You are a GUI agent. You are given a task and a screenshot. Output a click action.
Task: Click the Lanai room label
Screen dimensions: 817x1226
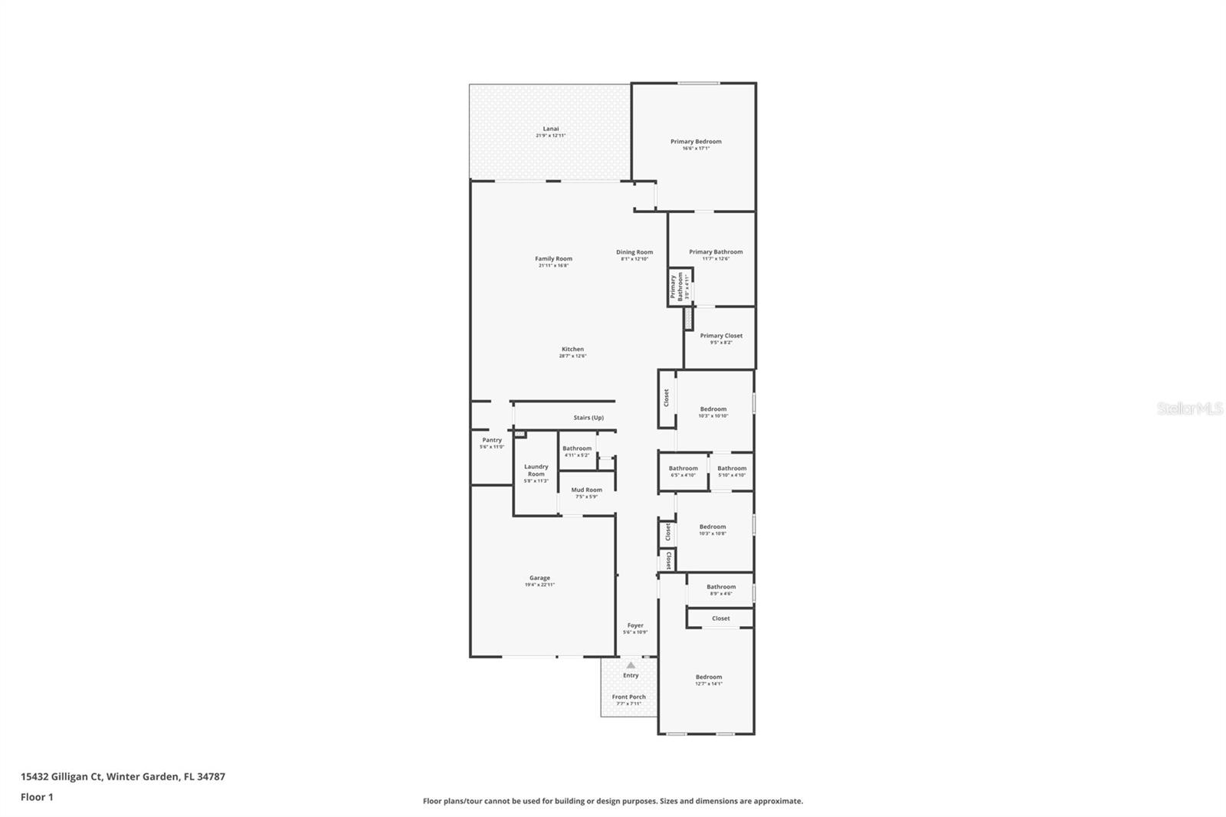[x=550, y=129]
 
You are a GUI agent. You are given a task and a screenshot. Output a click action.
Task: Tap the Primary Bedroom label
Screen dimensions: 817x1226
[x=696, y=142]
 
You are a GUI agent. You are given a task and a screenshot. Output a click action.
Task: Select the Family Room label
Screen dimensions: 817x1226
[x=553, y=259]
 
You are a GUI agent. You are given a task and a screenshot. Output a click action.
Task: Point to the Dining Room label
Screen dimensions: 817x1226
[x=634, y=252]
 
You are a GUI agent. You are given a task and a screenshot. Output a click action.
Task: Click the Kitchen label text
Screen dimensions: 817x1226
[x=572, y=349]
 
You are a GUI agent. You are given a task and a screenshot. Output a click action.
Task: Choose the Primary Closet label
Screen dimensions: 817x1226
[x=720, y=336]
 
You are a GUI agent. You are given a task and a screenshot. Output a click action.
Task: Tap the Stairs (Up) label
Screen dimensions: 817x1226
[x=588, y=418]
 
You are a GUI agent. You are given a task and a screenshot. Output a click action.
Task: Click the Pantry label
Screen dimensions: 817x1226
[x=492, y=440]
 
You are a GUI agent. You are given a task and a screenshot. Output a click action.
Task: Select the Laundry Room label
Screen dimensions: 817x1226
[x=536, y=470]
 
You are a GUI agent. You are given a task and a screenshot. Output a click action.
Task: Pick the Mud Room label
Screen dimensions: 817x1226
[x=586, y=490]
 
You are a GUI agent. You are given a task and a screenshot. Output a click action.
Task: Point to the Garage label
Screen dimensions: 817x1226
[x=539, y=578]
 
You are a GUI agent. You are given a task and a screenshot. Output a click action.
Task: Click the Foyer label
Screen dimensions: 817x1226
[x=635, y=625]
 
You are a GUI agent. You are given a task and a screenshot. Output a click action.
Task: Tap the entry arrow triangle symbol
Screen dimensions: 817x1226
[x=631, y=665]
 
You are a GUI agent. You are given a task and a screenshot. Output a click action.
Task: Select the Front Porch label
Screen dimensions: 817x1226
[x=628, y=697]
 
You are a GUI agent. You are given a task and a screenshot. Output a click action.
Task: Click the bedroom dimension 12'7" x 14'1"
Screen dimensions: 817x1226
[x=708, y=684]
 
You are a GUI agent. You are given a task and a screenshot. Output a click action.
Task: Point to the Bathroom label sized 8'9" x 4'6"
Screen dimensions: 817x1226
[x=720, y=587]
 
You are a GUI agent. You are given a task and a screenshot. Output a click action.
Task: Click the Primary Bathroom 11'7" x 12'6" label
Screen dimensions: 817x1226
[x=715, y=252]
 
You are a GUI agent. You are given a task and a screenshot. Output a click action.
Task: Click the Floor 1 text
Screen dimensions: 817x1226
[x=37, y=797]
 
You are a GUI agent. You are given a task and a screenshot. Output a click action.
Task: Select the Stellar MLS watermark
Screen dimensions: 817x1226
[x=1189, y=409]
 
